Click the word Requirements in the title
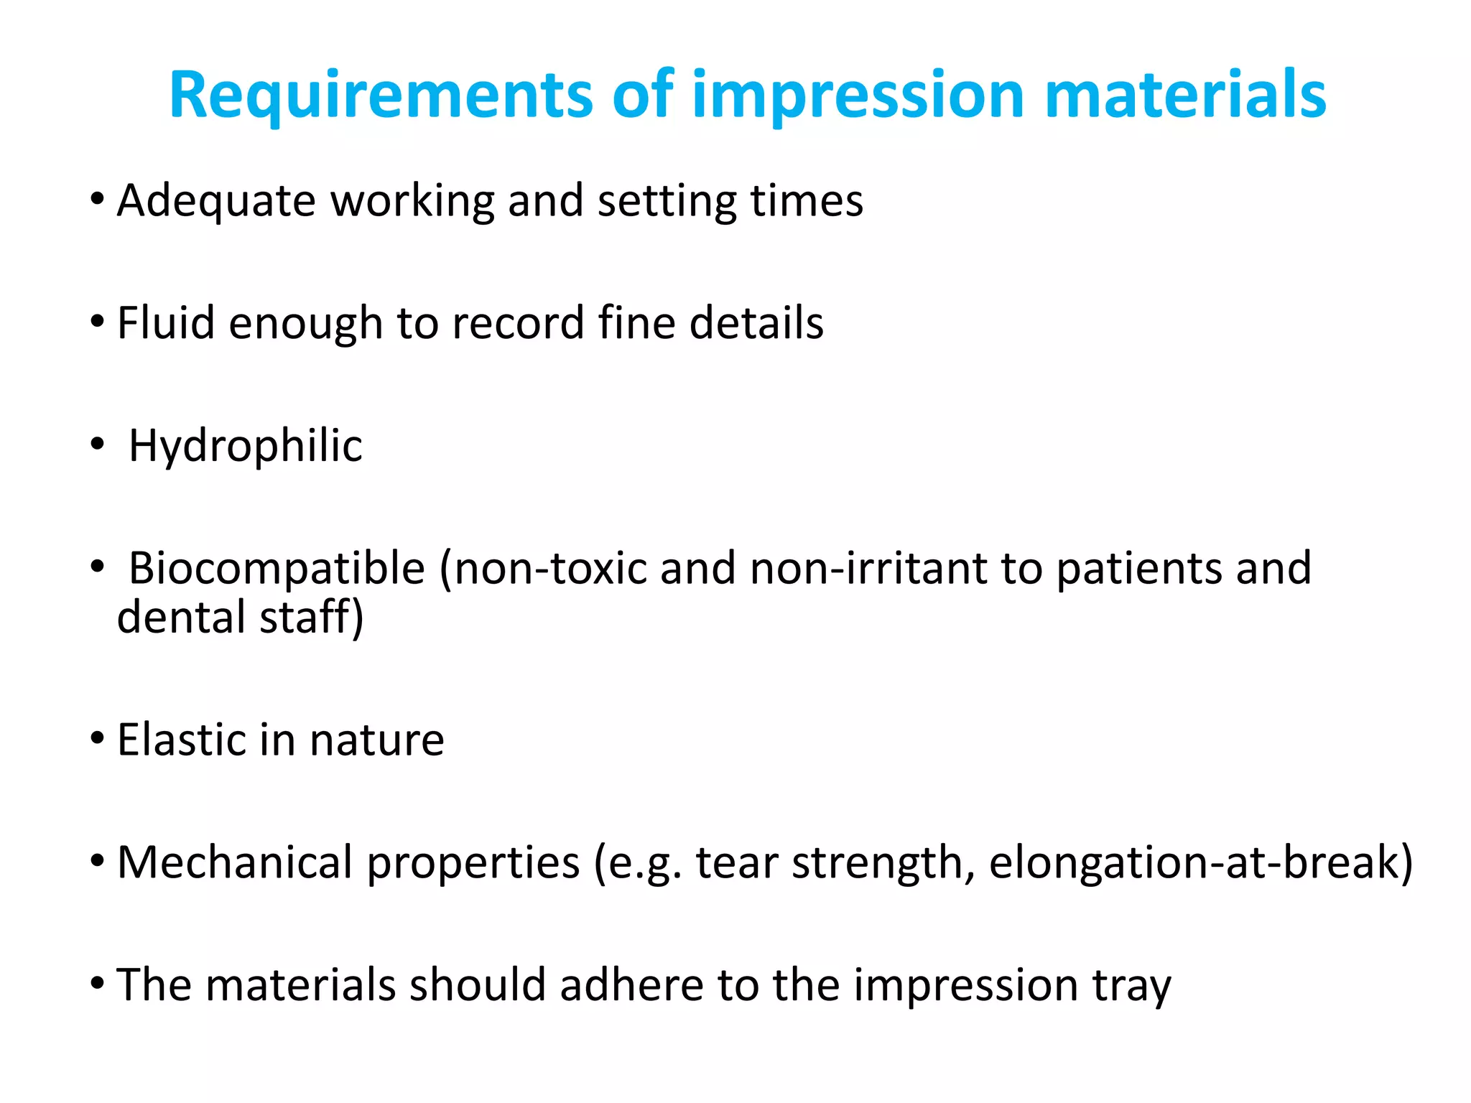point(381,96)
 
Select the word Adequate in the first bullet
point(216,201)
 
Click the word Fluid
point(166,323)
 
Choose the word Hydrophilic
point(246,447)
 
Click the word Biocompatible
point(277,569)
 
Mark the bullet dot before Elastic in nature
point(98,739)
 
